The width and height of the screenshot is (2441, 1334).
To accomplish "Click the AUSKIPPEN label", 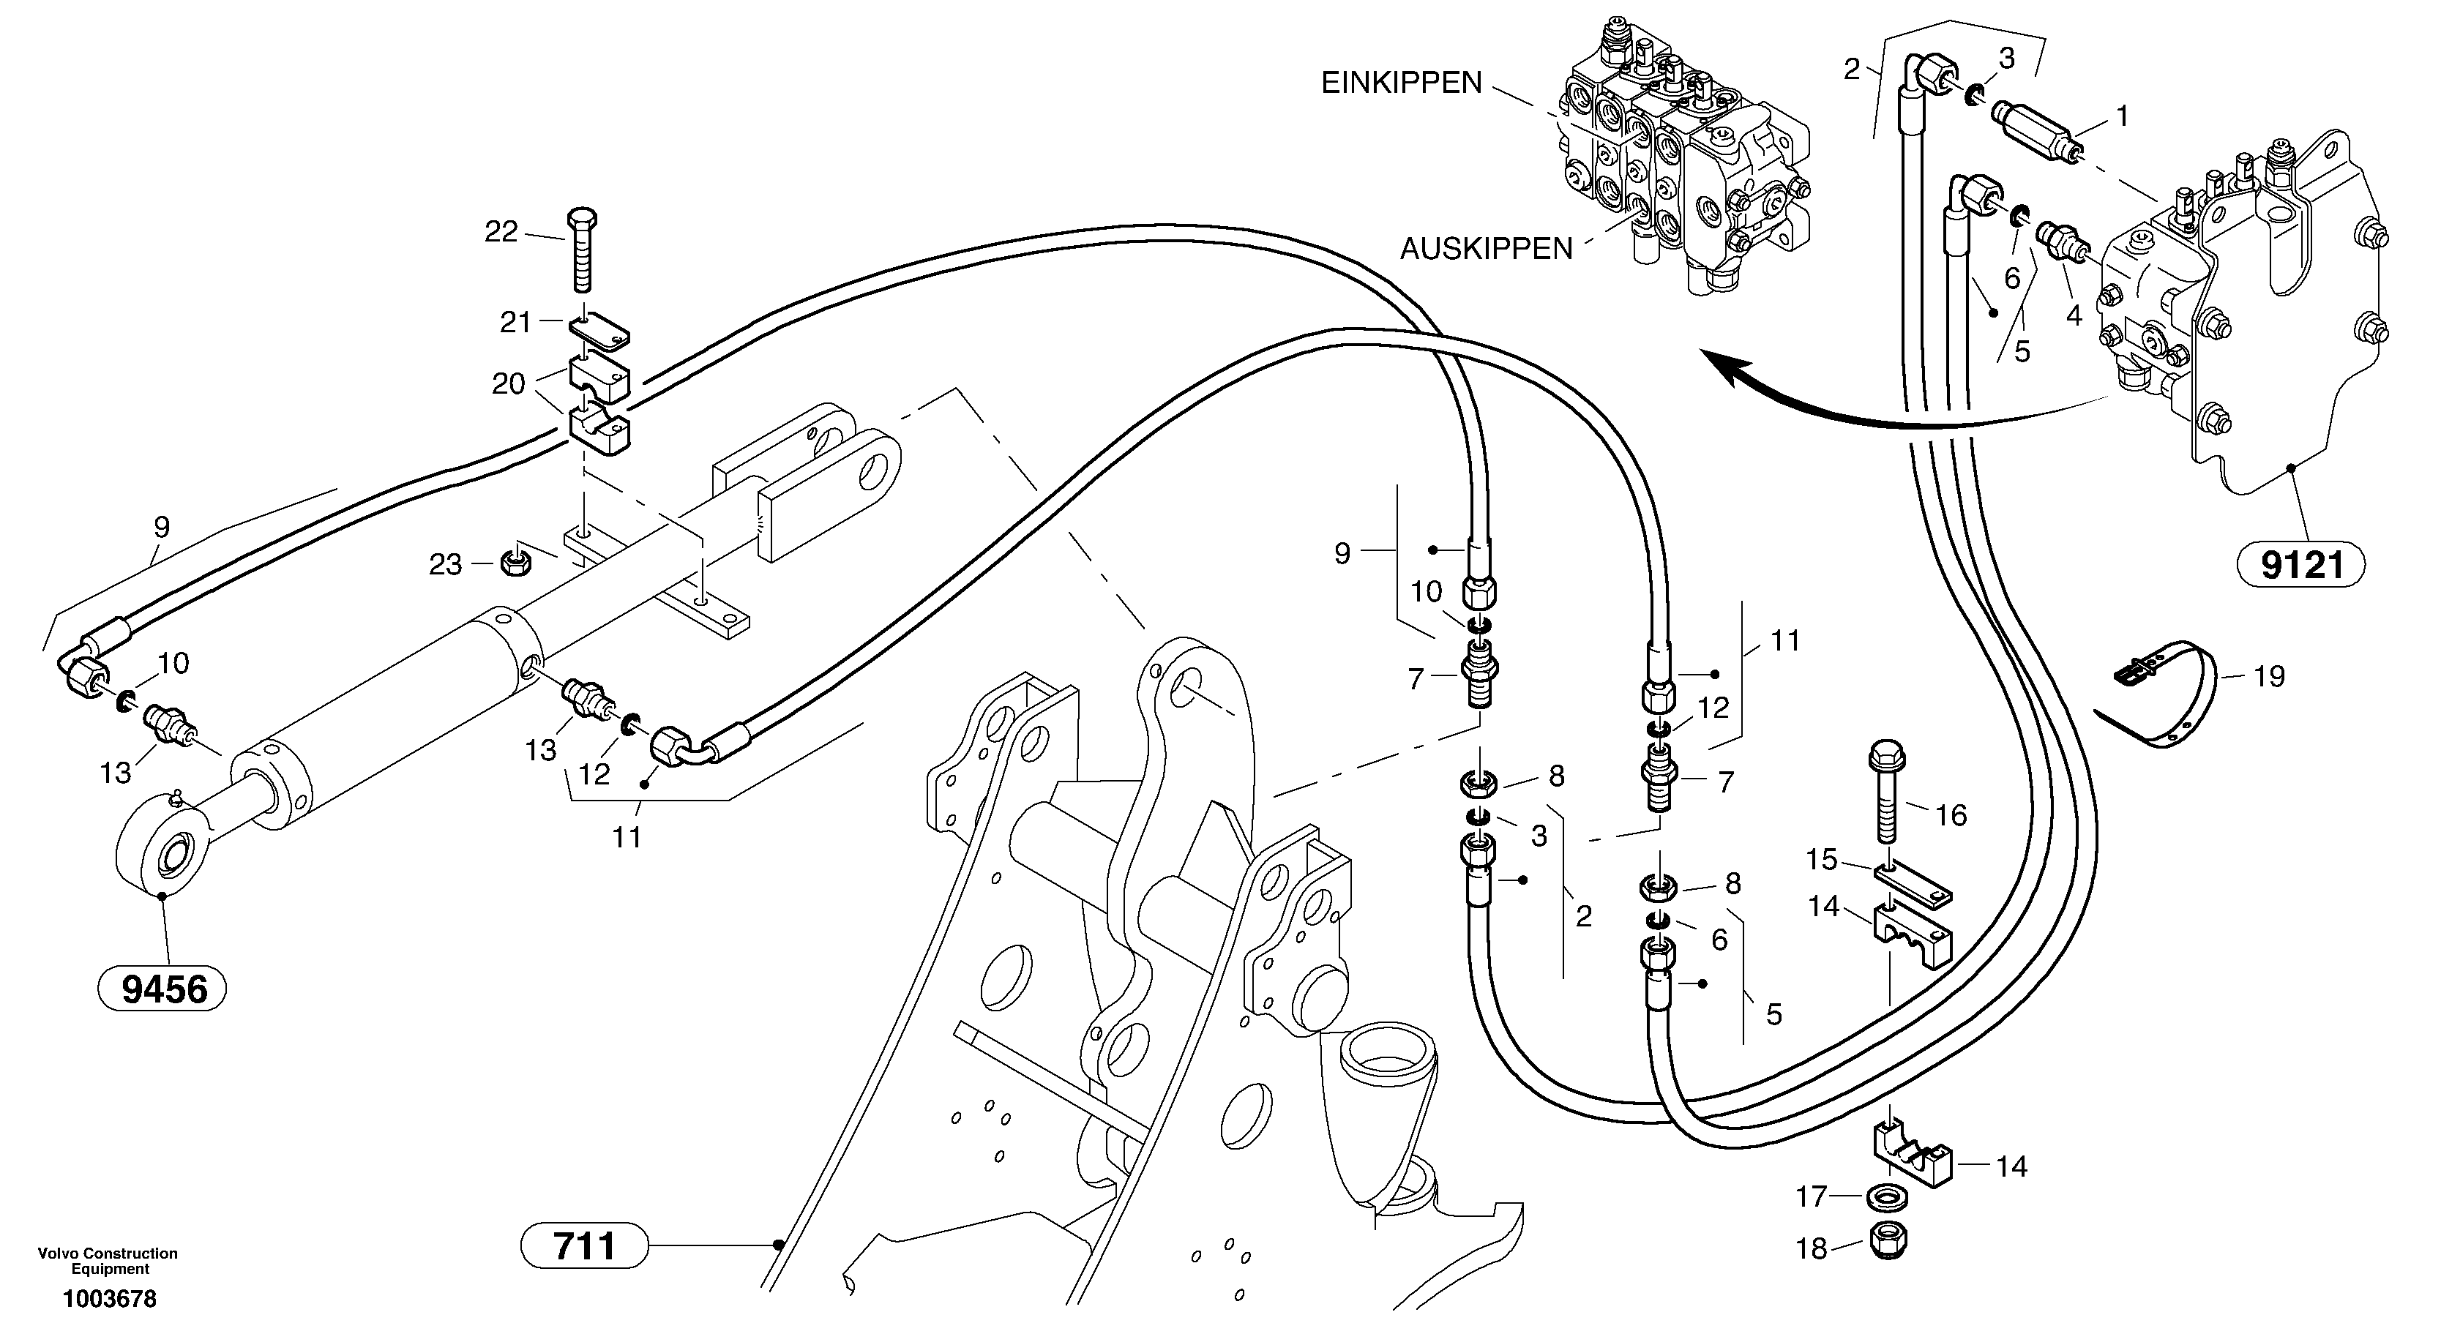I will [1486, 250].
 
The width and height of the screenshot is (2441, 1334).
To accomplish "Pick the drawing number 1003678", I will [110, 1299].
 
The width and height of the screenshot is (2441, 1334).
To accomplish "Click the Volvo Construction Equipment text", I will [108, 1261].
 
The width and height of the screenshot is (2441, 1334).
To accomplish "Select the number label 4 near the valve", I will [2074, 315].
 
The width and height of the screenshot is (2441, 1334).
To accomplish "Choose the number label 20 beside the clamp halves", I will [508, 383].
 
